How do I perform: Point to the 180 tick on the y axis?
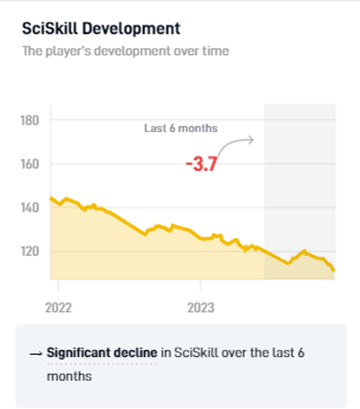click(30, 120)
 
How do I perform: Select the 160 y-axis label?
click(30, 164)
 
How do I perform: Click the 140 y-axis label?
click(30, 208)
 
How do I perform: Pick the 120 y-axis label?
click(30, 251)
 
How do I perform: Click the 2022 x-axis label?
click(58, 307)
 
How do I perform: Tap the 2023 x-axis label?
click(201, 307)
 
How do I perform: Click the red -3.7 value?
click(202, 164)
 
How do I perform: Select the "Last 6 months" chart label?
click(180, 129)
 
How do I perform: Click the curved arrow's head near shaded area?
click(252, 140)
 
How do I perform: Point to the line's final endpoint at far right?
click(334, 270)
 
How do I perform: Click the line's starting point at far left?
click(51, 198)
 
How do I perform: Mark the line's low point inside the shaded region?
click(288, 263)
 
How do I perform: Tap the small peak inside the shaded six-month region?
click(304, 250)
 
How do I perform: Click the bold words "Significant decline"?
click(102, 353)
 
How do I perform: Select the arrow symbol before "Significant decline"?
click(36, 354)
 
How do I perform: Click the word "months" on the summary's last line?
click(69, 375)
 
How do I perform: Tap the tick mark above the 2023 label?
click(201, 284)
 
